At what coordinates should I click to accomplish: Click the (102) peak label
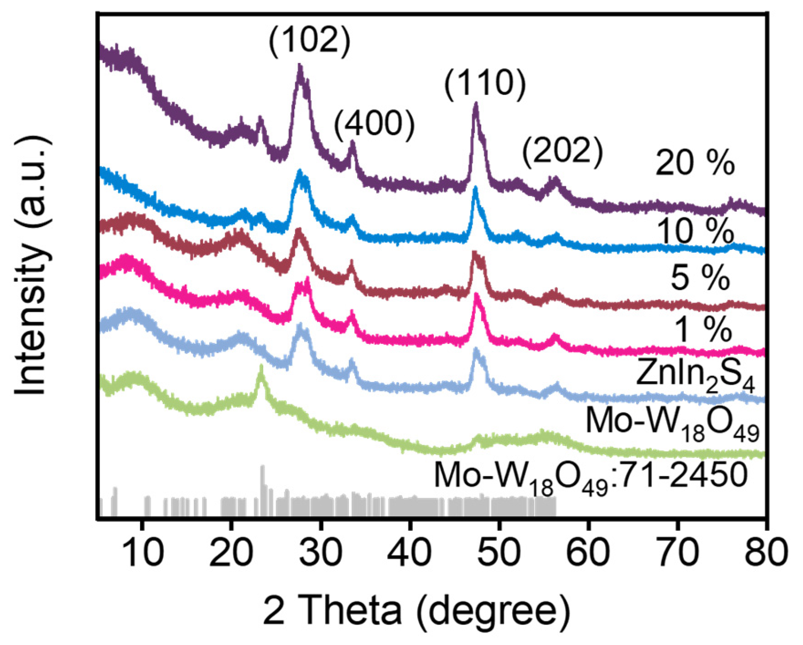pos(309,40)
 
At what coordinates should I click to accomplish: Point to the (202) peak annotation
pos(562,151)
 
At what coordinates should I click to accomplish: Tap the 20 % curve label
pos(694,163)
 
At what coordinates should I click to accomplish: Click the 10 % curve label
pos(694,231)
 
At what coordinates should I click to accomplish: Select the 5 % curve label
pos(700,278)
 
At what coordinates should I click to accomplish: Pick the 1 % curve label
pos(703,329)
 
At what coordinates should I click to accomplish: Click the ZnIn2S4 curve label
pos(695,374)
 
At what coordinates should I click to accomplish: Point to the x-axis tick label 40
pos(410,552)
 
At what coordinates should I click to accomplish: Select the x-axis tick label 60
pos(588,552)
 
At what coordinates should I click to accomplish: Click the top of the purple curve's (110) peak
pos(475,105)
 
